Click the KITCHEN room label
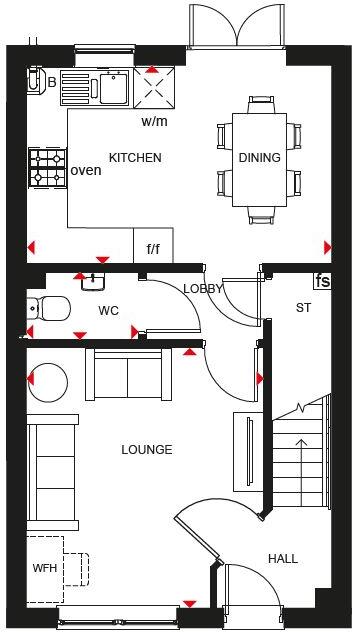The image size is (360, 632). tap(135, 158)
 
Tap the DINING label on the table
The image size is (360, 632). tap(259, 158)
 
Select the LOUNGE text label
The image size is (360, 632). tap(147, 450)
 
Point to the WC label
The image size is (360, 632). tap(108, 311)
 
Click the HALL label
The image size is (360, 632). tap(283, 559)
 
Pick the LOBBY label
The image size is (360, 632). tap(203, 289)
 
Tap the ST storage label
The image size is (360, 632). tap(303, 307)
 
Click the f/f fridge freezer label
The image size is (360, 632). tap(154, 249)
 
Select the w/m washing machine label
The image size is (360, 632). tap(154, 123)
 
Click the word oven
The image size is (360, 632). tap(86, 170)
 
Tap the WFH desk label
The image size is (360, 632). tap(45, 569)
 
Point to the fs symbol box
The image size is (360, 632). tap(322, 281)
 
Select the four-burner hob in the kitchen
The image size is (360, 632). tap(46, 167)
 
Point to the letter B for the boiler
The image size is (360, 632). tap(52, 82)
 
